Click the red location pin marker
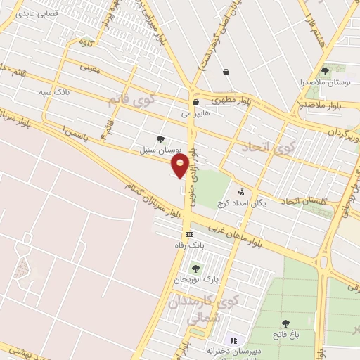point(181,166)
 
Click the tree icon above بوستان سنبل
point(162,139)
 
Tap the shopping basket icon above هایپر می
point(195,102)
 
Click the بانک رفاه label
point(189,245)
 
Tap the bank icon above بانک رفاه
point(189,234)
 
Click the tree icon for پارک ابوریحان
point(195,268)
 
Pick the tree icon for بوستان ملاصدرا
point(325,71)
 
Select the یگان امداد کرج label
point(242,202)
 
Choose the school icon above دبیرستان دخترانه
point(234,340)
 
